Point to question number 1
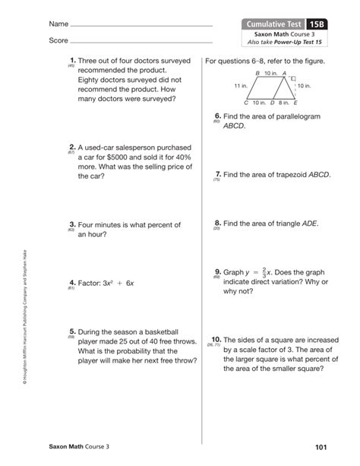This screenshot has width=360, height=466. tap(71, 59)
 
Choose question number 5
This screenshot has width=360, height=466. tap(71, 331)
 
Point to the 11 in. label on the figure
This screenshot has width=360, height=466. tap(242, 86)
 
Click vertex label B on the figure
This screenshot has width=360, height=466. tap(257, 72)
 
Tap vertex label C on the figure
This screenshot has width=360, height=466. tap(246, 102)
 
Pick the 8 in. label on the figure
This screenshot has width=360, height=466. tap(284, 102)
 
